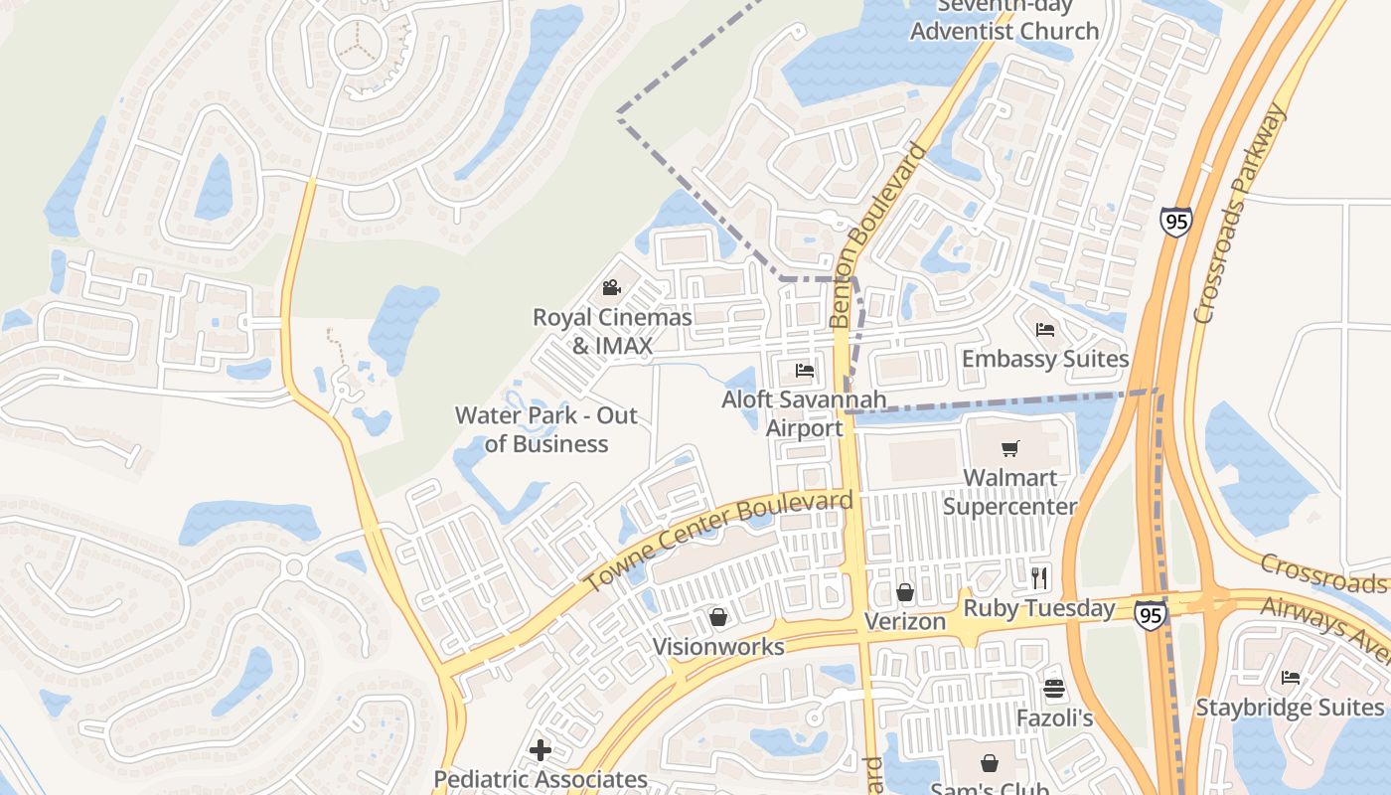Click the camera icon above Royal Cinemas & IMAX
[611, 288]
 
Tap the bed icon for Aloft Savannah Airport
[805, 371]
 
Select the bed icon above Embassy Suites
[1044, 330]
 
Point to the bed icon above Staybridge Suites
[1291, 678]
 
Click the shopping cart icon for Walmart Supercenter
[1010, 448]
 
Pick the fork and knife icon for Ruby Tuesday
[1039, 577]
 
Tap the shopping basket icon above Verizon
[905, 592]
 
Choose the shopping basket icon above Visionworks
[718, 617]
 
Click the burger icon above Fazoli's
[1054, 689]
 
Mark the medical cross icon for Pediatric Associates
[541, 749]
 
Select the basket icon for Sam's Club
[990, 763]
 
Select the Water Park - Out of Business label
[546, 429]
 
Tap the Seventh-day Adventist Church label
[1005, 20]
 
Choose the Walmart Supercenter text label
[1009, 492]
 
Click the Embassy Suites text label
[1045, 359]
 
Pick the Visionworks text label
[718, 647]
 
